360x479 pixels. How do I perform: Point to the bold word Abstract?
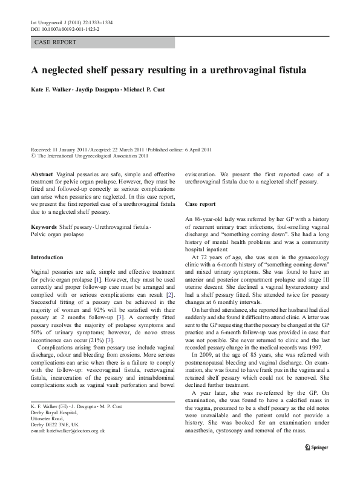tap(42, 174)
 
